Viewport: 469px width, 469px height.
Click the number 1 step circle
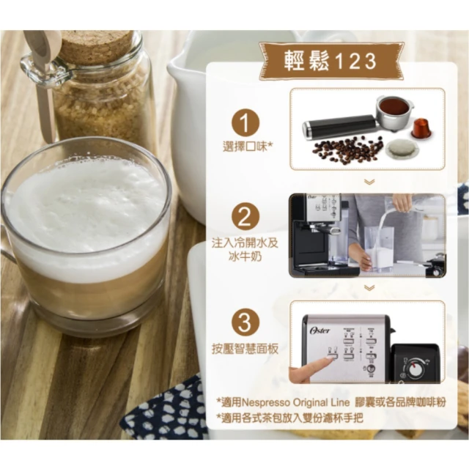coord(245,122)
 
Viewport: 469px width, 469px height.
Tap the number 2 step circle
coord(245,217)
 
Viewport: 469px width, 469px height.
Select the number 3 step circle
coord(245,323)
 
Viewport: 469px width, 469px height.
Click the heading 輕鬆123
coord(330,62)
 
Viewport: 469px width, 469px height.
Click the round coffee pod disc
coord(400,149)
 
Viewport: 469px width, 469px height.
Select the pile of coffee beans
coord(347,148)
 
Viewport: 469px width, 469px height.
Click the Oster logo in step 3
coord(320,330)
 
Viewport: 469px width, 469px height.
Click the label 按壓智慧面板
coord(245,349)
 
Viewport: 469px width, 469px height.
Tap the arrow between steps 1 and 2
coord(369,182)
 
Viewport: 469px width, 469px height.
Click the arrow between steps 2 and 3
coord(369,287)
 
